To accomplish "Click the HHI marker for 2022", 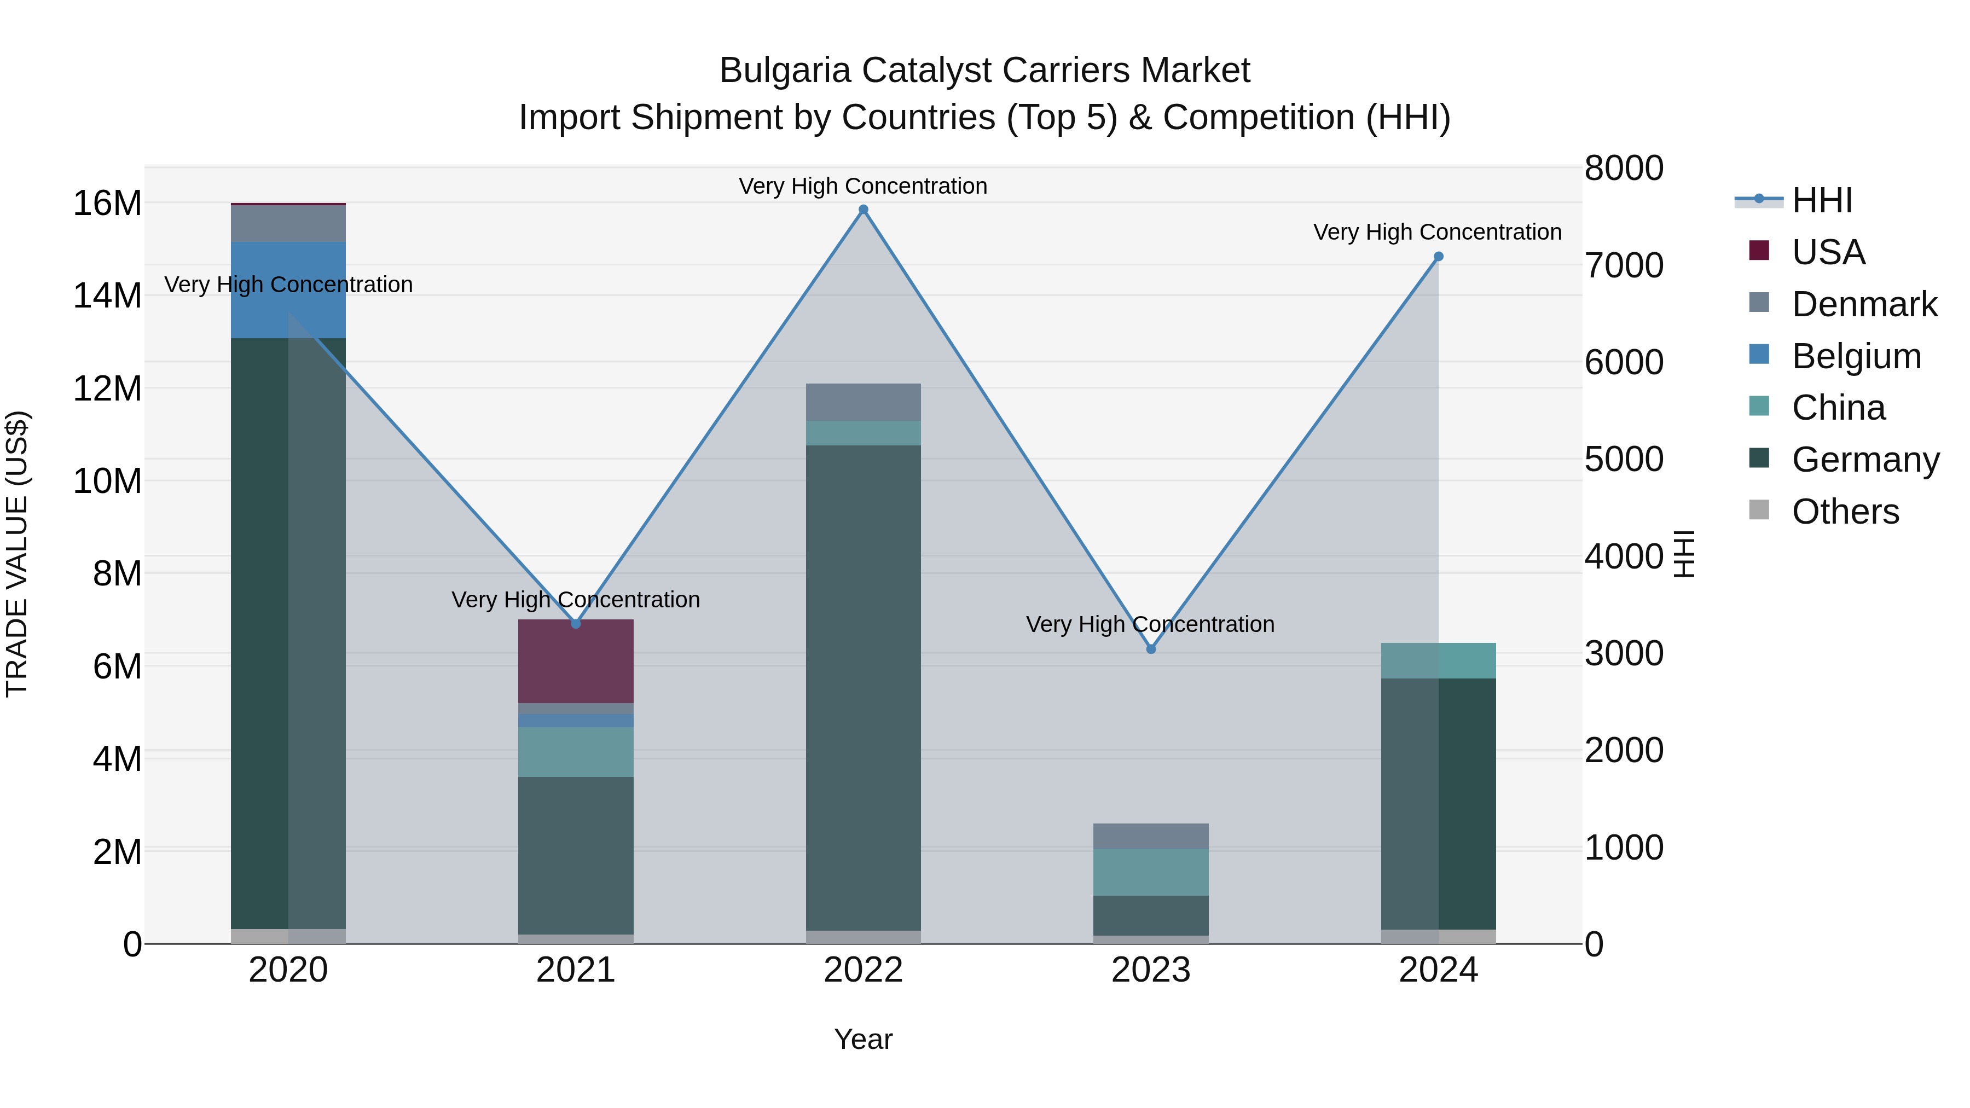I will (864, 210).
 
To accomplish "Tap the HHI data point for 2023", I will (1151, 649).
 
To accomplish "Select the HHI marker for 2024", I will (1439, 257).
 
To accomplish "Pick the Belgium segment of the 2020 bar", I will (288, 290).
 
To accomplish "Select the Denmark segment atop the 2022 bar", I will (864, 402).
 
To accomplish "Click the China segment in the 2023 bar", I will (1151, 873).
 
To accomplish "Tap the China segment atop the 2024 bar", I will (1439, 660).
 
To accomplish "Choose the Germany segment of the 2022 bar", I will (864, 688).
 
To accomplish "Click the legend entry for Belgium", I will (1856, 356).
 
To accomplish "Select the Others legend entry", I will (1845, 512).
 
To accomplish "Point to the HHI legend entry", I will (1822, 200).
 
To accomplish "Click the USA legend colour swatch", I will (1759, 251).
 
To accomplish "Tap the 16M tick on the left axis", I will (107, 204).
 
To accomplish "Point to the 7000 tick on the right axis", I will (1624, 265).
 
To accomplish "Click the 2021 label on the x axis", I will (576, 970).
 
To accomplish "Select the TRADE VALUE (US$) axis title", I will (17, 554).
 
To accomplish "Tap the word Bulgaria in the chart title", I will (785, 71).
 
